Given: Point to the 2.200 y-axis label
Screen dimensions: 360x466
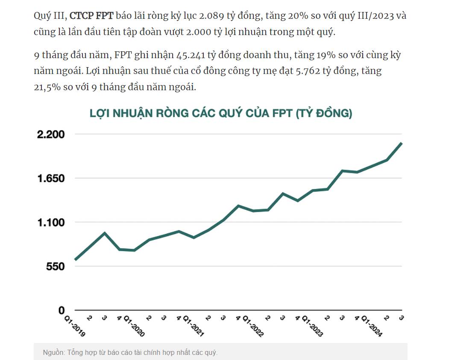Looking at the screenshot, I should pos(50,134).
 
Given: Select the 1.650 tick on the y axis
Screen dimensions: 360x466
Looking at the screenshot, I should pos(50,178).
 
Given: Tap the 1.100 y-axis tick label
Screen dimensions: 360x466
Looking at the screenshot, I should pos(50,222).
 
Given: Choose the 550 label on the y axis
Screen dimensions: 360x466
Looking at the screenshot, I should pos(56,266).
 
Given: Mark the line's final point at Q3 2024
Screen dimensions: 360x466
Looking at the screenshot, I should pos(402,143).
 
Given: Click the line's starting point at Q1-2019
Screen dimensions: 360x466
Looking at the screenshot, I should pos(76,259).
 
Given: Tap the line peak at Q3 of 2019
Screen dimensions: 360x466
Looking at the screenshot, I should pos(105,233).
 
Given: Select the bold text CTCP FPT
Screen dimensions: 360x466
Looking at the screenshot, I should pos(91,17).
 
